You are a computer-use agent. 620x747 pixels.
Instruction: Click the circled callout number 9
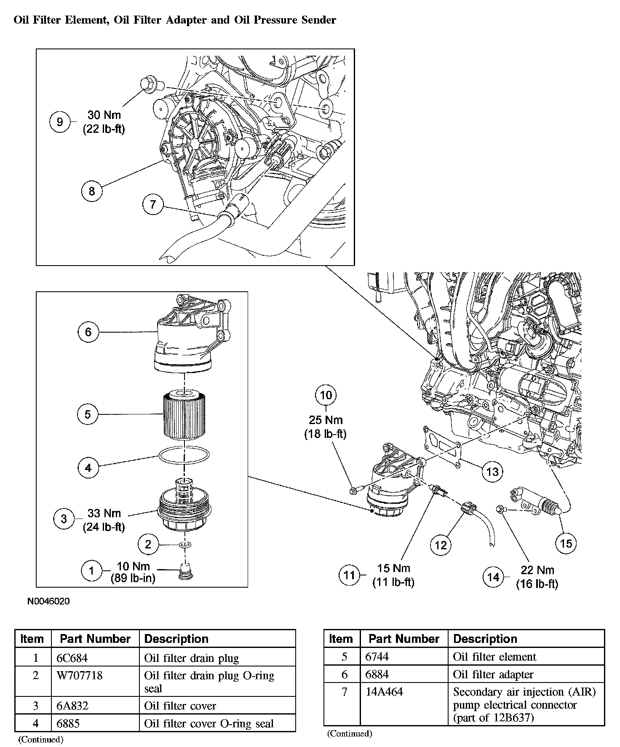(60, 122)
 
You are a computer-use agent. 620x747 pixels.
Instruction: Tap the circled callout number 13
(492, 471)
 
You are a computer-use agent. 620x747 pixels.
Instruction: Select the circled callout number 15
(566, 543)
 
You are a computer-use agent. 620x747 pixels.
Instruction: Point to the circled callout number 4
(88, 468)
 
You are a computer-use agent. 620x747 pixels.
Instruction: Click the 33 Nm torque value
(104, 513)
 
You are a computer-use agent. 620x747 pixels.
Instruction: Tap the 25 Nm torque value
(326, 420)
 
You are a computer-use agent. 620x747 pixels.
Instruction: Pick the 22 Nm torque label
(537, 570)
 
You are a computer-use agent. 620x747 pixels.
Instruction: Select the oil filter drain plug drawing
(184, 570)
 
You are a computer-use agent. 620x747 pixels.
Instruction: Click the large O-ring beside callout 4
(184, 455)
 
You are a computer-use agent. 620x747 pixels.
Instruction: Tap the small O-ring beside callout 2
(184, 545)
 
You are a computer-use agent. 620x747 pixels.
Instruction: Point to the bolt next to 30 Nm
(149, 84)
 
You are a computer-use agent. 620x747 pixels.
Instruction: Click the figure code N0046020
(48, 601)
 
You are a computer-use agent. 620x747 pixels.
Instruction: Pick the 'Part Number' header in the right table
(404, 639)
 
